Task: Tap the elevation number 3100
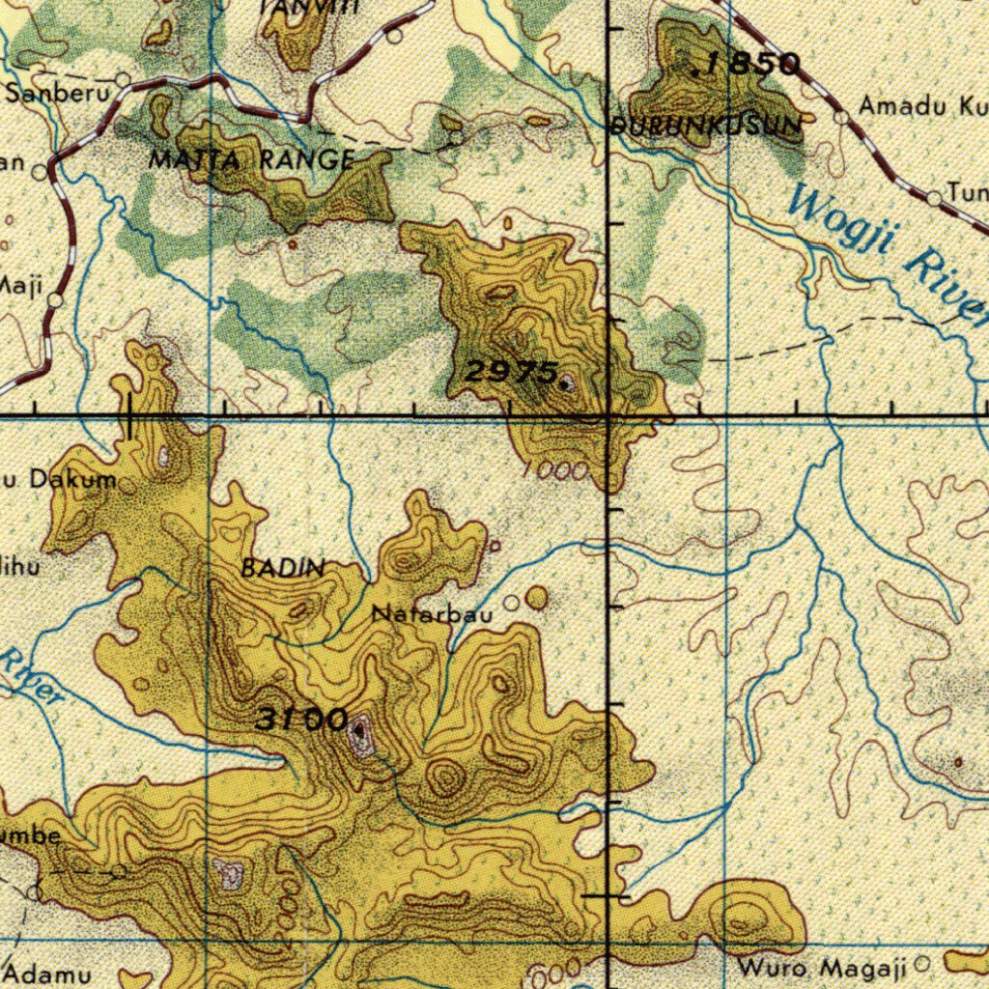[301, 720]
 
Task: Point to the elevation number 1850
[752, 65]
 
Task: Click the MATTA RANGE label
[251, 160]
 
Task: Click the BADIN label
[282, 569]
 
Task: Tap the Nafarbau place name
[432, 613]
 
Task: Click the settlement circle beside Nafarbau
[510, 604]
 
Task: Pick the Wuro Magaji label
[822, 967]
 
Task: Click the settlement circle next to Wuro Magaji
[920, 963]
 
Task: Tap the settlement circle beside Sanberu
[123, 79]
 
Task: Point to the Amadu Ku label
[918, 107]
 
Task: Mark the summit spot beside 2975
[566, 383]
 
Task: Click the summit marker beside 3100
[359, 731]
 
